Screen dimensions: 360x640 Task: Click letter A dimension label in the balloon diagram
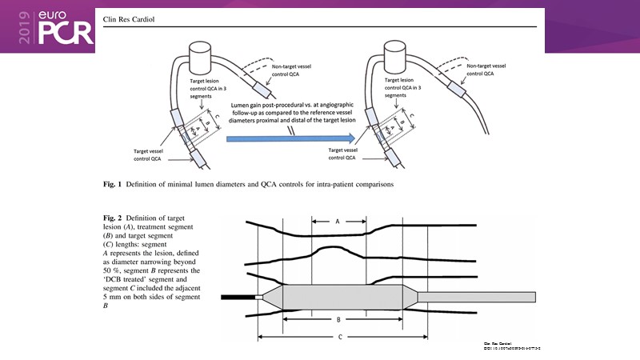pyautogui.click(x=338, y=222)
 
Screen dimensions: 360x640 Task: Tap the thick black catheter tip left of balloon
pyautogui.click(x=237, y=298)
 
